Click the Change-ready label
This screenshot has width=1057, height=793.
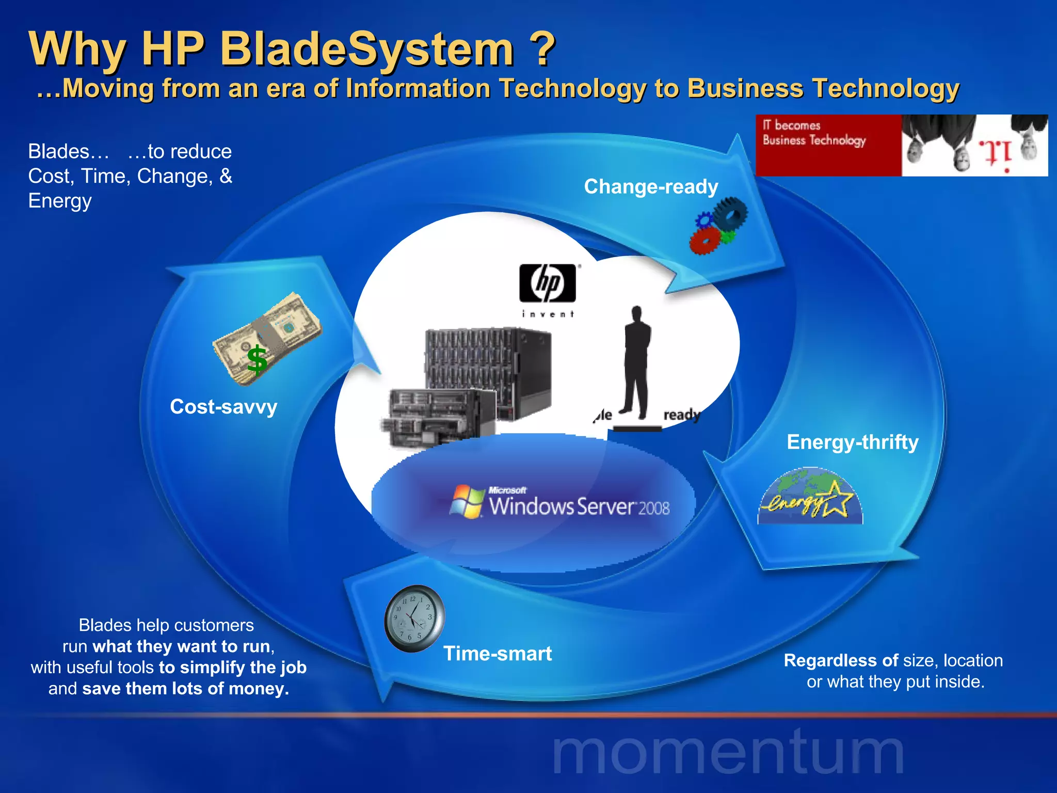tap(651, 187)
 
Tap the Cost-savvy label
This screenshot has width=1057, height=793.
tap(223, 407)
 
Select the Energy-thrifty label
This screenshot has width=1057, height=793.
tap(853, 442)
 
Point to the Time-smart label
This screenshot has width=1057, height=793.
tap(498, 654)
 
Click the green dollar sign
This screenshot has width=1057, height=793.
tap(257, 360)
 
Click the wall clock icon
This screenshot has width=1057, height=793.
tap(414, 618)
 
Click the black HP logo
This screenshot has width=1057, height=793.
tap(548, 283)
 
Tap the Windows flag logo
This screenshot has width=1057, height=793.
tap(466, 501)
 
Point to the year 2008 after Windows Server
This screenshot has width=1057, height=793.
tap(654, 509)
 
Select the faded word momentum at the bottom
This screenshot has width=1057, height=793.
tap(728, 753)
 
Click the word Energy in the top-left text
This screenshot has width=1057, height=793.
tap(60, 201)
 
